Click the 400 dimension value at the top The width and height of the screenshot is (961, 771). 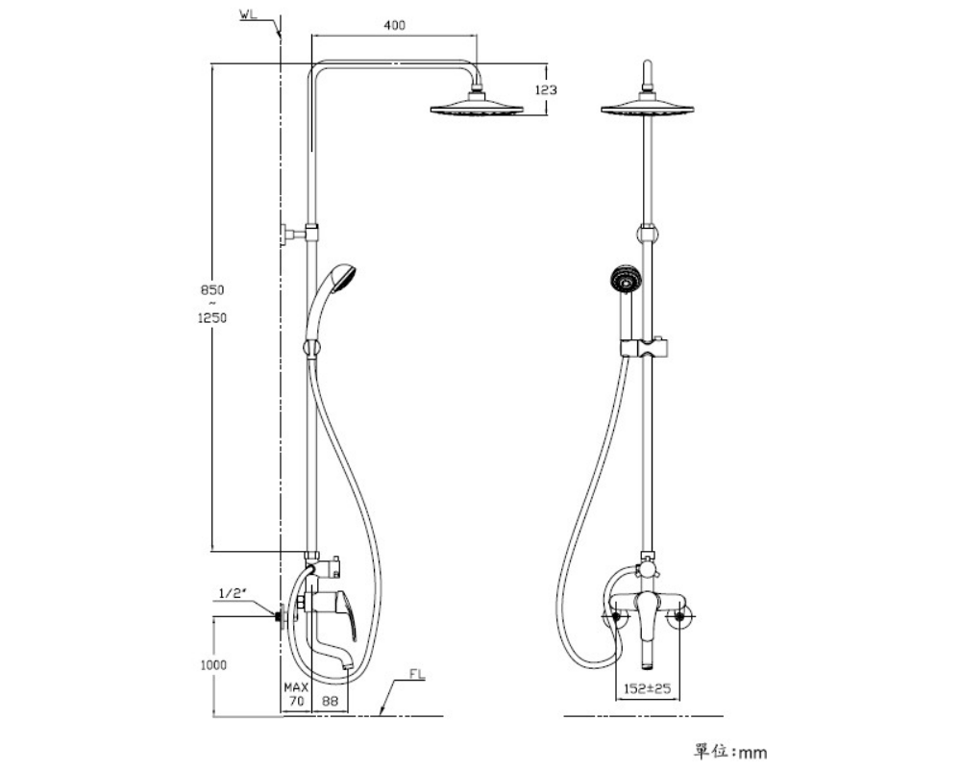394,25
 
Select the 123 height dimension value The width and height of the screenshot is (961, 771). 546,90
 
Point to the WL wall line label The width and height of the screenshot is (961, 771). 248,14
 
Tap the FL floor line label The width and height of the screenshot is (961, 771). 417,675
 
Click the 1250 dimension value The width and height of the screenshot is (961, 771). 212,317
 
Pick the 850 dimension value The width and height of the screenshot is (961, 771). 212,290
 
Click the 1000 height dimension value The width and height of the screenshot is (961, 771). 213,665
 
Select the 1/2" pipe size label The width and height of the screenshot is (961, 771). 232,593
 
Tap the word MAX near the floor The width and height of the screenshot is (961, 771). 296,687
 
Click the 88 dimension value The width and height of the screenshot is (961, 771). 330,701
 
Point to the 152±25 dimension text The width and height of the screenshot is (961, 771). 647,688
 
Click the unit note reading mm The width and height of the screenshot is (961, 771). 752,753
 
